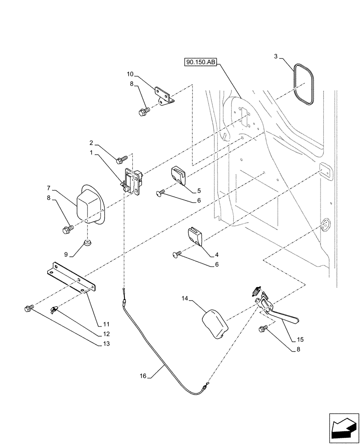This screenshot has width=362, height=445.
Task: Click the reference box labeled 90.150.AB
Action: tap(199, 63)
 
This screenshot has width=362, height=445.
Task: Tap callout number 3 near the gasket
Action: tap(276, 57)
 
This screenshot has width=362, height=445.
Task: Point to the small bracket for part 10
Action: tap(165, 95)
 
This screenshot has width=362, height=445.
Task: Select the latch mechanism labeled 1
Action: tap(132, 181)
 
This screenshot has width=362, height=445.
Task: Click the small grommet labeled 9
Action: tap(87, 243)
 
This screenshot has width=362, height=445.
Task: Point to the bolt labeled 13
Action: tap(29, 308)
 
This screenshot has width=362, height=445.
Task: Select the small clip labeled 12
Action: tap(55, 308)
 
